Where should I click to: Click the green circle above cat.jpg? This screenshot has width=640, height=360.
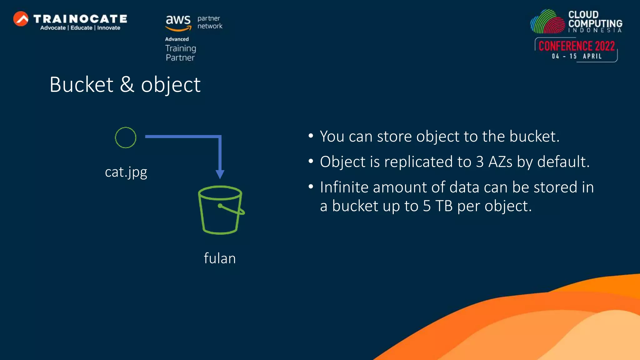click(x=126, y=137)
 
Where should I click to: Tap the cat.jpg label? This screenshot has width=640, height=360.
click(x=126, y=172)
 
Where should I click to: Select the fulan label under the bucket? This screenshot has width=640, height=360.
click(x=220, y=258)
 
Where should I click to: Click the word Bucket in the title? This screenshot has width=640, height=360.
click(x=82, y=85)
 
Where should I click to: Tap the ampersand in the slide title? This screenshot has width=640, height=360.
click(x=127, y=85)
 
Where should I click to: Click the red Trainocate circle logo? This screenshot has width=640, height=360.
click(x=21, y=19)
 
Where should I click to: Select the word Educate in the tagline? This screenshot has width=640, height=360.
click(x=81, y=28)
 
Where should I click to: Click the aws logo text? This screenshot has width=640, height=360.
click(x=178, y=20)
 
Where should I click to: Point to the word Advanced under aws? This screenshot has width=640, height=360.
click(x=177, y=39)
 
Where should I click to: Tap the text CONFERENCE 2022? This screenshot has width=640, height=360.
click(x=577, y=46)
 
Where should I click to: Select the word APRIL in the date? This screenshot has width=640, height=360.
click(x=592, y=56)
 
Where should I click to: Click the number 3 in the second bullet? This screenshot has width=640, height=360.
click(x=480, y=162)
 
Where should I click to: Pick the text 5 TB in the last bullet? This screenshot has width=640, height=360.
click(x=438, y=206)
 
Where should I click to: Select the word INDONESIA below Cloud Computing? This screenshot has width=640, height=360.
click(x=595, y=30)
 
